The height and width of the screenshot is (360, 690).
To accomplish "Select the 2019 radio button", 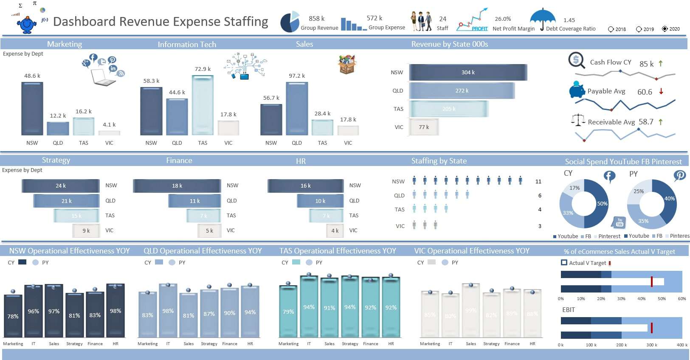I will click(639, 29).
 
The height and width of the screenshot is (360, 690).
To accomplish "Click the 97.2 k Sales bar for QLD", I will click(297, 109).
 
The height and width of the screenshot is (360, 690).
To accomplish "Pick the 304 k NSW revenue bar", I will click(468, 73).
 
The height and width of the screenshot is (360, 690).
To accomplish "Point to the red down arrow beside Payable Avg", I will click(661, 91).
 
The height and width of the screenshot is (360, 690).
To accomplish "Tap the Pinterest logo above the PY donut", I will click(679, 175).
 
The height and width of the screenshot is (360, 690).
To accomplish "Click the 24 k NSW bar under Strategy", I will click(61, 186).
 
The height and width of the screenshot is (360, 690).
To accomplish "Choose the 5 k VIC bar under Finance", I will click(209, 231).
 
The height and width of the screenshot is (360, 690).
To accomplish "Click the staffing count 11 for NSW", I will click(538, 182).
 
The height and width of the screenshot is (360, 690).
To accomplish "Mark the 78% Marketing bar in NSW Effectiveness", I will click(13, 316).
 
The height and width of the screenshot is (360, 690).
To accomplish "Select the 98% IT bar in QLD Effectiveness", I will click(168, 311).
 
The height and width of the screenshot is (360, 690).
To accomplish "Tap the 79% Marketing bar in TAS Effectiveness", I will click(288, 312).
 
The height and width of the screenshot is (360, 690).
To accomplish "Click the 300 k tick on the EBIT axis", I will click(650, 345).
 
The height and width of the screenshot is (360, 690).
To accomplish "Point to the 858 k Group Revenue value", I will click(316, 19).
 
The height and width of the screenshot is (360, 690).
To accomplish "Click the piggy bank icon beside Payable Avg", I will click(577, 90).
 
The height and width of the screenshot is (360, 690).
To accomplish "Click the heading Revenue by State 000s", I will click(449, 44).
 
